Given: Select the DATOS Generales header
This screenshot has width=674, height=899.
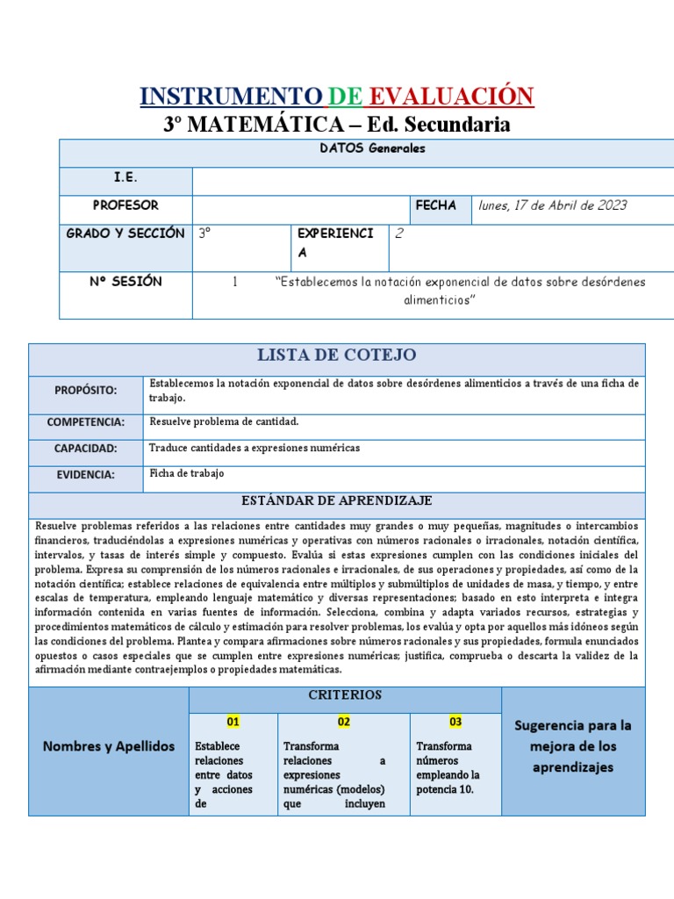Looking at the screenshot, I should click(372, 148).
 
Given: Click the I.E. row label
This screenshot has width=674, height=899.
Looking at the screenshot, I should click(125, 177).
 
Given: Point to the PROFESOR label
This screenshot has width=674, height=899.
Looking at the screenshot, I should click(125, 205).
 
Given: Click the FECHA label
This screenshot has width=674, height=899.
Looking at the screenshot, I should click(435, 205).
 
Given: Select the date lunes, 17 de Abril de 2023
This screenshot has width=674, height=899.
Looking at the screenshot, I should click(552, 205).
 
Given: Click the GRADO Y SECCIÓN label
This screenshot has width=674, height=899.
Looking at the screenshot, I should click(125, 234).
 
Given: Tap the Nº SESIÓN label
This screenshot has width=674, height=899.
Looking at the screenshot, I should click(125, 282).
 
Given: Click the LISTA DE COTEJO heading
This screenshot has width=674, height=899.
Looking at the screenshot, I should click(337, 355).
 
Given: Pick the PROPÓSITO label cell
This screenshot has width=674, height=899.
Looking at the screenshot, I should click(86, 390).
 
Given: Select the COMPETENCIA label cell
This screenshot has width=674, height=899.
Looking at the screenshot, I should click(86, 422).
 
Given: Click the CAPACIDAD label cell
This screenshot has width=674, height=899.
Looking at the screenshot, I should click(86, 449).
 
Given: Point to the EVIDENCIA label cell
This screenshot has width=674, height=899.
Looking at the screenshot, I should click(86, 475).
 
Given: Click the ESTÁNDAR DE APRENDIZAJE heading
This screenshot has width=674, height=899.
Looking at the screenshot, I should click(337, 500).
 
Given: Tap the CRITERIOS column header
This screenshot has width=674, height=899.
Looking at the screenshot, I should click(345, 694).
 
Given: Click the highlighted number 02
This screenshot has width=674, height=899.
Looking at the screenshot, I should click(344, 722).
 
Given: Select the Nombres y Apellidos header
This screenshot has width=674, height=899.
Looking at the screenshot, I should click(109, 746).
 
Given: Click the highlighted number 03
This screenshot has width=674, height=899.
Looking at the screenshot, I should click(455, 722).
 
